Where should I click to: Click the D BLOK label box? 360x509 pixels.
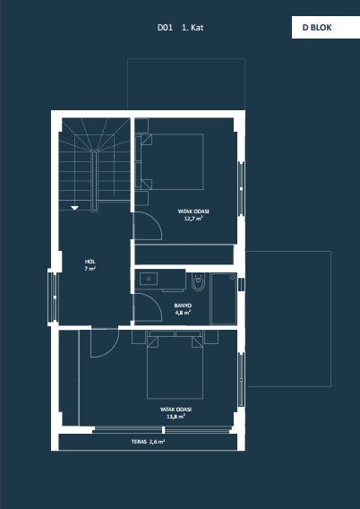326,28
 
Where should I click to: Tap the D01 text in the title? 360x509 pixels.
165,28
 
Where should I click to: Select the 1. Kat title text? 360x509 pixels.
193,28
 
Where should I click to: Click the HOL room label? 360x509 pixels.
90,262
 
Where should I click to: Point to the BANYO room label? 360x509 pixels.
183,306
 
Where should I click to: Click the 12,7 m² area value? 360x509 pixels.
193,219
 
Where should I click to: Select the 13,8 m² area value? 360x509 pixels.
176,417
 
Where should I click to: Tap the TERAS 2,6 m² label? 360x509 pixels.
148,442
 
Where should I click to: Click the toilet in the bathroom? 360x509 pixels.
198,281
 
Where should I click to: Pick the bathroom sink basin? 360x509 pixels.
149,279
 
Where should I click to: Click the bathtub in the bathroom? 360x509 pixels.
224,298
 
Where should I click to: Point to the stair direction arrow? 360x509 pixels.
75,208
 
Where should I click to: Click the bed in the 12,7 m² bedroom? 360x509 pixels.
172,161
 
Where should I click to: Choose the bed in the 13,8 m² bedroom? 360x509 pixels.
176,367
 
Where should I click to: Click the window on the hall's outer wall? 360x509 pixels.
53,297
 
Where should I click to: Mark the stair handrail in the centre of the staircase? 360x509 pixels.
94,181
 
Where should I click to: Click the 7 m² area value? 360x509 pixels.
90,269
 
